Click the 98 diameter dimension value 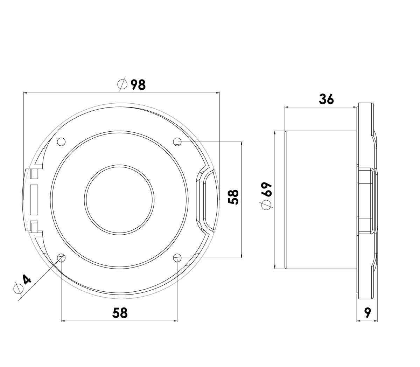tap(138, 85)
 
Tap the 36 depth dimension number tap(326, 99)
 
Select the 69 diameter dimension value tap(267, 189)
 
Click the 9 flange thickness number tap(367, 312)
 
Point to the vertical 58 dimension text tap(233, 197)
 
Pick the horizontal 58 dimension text tap(120, 313)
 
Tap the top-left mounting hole tap(61, 142)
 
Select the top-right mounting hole tap(177, 142)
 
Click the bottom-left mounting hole tap(61, 257)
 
